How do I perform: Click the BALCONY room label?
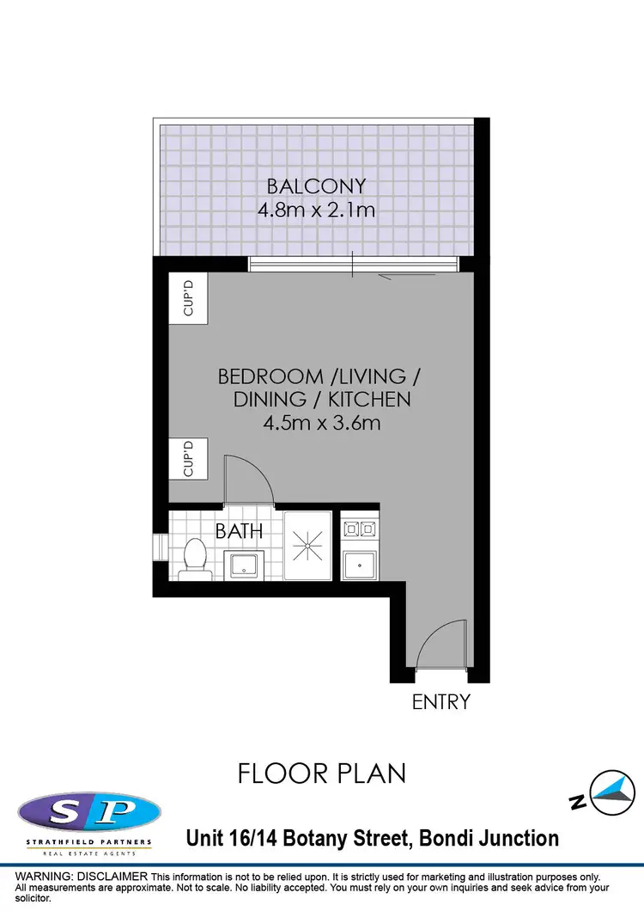[316, 186]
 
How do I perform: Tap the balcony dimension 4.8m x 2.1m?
[316, 209]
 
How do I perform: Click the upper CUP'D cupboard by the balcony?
[190, 297]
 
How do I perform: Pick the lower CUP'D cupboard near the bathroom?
[189, 459]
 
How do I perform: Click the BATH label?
[239, 532]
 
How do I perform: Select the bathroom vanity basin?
[246, 564]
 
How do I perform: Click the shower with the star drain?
[307, 546]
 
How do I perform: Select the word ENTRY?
[441, 701]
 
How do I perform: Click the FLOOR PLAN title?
[322, 773]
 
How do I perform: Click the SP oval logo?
[88, 812]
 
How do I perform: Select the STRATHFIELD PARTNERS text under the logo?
[88, 841]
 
